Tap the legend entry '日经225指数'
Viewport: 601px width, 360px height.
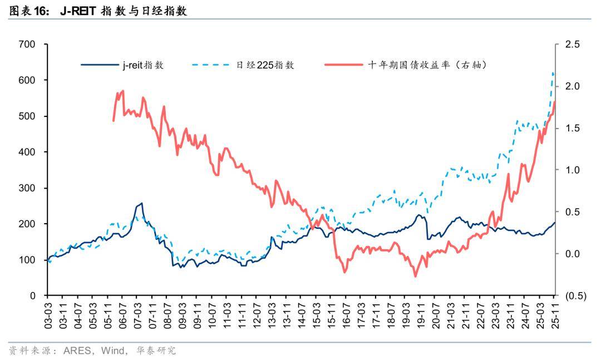pos(265,65)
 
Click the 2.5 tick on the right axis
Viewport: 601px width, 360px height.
pos(572,45)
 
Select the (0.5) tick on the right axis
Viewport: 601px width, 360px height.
pos(575,296)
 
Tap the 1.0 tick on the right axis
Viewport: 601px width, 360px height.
pos(572,170)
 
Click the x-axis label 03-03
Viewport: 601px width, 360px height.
pos(48,315)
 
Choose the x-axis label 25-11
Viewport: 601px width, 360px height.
pos(554,315)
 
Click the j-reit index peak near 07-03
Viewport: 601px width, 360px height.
pos(141,204)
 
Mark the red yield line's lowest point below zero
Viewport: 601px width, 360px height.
pos(415,276)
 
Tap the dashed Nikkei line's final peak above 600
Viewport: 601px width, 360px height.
pos(553,73)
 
